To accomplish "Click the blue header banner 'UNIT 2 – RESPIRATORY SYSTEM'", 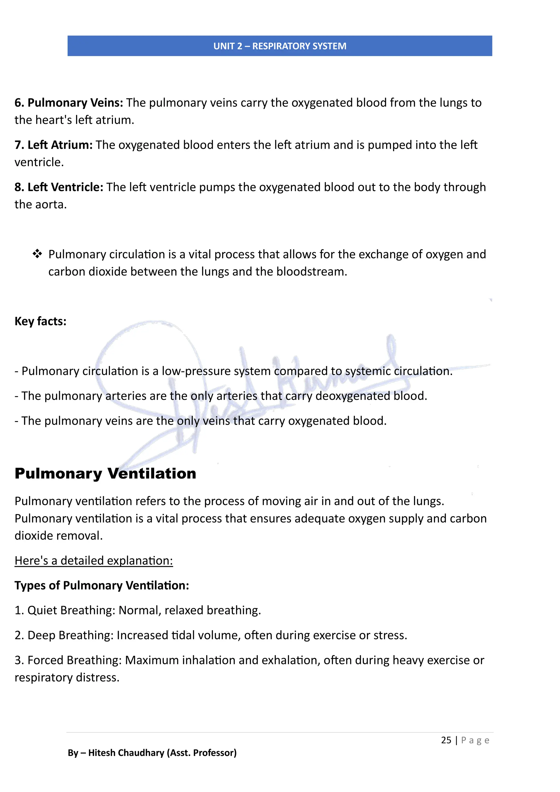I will [280, 46].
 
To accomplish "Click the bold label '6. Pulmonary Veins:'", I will [69, 103].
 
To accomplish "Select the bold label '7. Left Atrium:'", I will [53, 145].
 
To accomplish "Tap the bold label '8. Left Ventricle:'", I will [59, 187].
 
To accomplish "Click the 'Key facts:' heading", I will [40, 321].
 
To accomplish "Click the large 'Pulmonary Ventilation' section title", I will [105, 473].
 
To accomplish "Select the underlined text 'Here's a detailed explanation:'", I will [94, 561].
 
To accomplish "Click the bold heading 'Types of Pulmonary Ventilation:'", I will [102, 585].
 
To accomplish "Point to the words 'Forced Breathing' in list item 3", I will [74, 660].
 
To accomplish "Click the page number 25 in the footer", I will [446, 740].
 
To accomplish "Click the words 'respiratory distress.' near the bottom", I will [67, 677].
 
